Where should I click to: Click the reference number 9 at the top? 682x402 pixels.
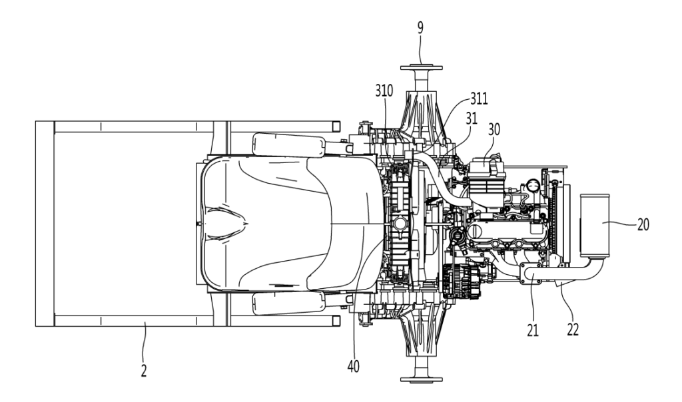(x=420, y=28)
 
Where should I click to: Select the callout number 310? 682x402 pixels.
(x=384, y=91)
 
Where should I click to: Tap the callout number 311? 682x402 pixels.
(x=479, y=99)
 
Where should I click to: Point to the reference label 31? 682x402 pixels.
(x=471, y=118)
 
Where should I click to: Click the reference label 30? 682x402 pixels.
(x=494, y=129)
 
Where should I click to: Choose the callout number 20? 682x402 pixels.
(x=643, y=224)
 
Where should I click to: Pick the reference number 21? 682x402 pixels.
(x=533, y=330)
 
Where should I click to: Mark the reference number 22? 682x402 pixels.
(x=573, y=329)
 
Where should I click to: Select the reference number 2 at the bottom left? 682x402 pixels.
(x=144, y=370)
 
